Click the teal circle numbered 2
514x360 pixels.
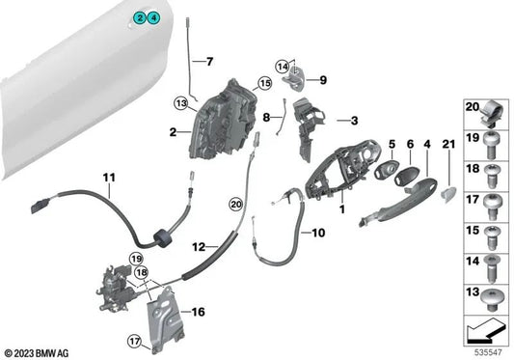click(140, 17)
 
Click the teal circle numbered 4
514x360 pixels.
click(153, 17)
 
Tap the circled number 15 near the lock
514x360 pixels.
click(265, 83)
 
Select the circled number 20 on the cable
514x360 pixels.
click(235, 205)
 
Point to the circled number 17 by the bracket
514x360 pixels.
click(134, 342)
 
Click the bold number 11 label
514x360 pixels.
click(109, 178)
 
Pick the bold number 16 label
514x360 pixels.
click(198, 312)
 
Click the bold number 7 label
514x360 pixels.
click(209, 62)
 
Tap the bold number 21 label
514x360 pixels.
click(448, 144)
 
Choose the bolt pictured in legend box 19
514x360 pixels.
click(491, 146)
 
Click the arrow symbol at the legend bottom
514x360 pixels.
click(485, 332)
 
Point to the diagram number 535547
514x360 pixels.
click(488, 353)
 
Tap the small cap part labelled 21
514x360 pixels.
click(448, 194)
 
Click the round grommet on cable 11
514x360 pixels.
click(162, 238)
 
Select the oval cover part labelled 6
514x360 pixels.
click(405, 177)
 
